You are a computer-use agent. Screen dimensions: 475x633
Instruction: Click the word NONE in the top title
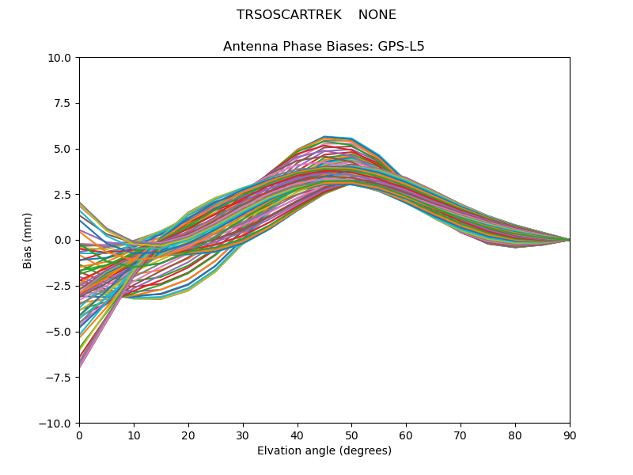pyautogui.click(x=377, y=15)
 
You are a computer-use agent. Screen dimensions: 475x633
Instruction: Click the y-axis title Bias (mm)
pyautogui.click(x=28, y=240)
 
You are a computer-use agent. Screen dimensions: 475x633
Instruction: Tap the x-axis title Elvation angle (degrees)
pyautogui.click(x=324, y=451)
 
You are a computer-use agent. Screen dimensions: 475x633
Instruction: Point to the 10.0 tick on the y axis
pyautogui.click(x=62, y=58)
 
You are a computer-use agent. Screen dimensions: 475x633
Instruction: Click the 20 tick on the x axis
pyautogui.click(x=188, y=435)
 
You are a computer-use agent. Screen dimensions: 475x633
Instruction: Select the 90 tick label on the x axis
pyautogui.click(x=570, y=435)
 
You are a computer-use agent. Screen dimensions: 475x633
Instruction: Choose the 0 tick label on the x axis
pyautogui.click(x=79, y=435)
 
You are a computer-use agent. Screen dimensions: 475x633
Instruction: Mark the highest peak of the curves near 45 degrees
pyautogui.click(x=324, y=137)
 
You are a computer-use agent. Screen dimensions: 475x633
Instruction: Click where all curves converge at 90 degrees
pyautogui.click(x=569, y=240)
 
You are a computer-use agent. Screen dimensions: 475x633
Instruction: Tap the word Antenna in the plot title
pyautogui.click(x=249, y=47)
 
